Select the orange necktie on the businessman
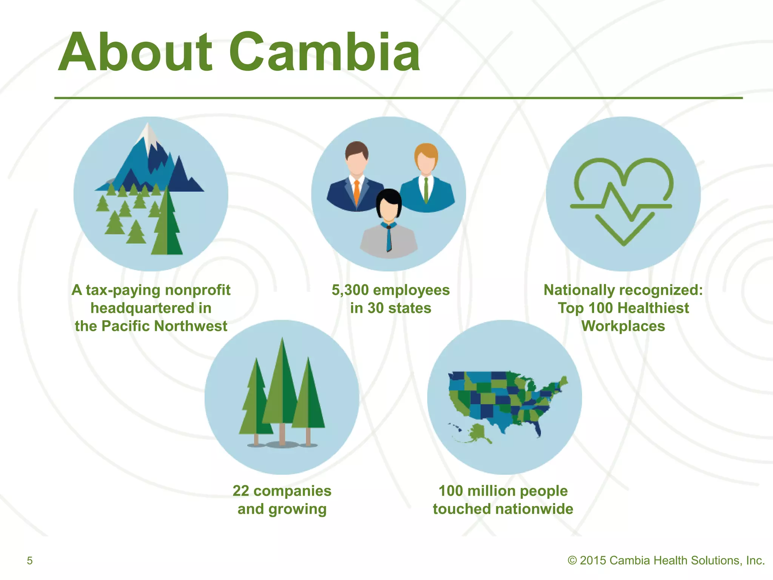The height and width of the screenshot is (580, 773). point(357,193)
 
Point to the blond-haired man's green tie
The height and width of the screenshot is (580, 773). point(426,189)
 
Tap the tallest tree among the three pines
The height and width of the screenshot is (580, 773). point(282,381)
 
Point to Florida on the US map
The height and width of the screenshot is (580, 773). point(537,429)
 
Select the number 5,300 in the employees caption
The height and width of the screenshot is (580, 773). point(350,290)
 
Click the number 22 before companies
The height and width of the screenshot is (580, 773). point(241,491)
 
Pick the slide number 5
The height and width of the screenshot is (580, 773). point(30,560)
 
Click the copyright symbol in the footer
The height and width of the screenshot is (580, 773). point(572,560)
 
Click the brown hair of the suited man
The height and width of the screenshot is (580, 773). point(356,147)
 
